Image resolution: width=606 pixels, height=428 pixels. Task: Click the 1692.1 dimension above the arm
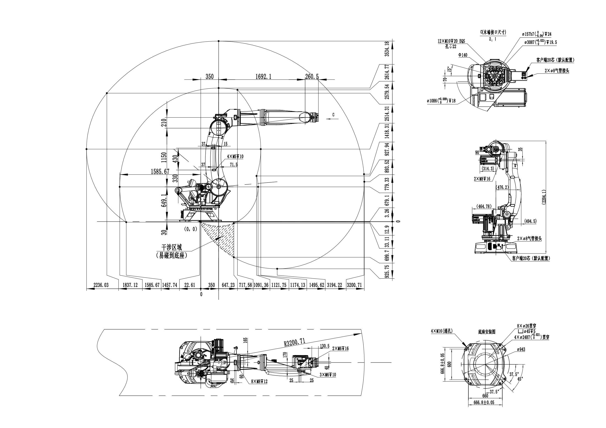coord(263,76)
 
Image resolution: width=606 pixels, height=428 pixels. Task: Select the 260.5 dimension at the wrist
coord(312,76)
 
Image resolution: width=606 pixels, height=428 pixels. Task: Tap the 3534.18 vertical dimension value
coord(387,49)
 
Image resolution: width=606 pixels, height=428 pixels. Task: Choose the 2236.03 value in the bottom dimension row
coord(101,285)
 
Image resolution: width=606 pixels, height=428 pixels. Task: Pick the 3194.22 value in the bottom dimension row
coord(334,285)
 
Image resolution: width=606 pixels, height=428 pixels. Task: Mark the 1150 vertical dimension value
coord(164,157)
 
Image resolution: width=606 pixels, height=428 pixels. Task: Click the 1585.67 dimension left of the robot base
coord(160,171)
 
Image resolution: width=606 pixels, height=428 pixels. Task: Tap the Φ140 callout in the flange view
coord(463,55)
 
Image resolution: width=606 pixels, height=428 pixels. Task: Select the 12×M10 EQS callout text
coord(451,41)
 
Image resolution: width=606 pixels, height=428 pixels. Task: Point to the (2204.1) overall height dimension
coord(544,197)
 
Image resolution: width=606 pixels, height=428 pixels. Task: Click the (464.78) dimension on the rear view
coord(484,206)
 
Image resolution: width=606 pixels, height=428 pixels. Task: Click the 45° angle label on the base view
coord(520,378)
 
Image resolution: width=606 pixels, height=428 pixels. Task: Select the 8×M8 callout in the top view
coord(259,381)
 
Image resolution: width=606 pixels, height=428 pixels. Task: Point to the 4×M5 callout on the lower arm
coord(235,156)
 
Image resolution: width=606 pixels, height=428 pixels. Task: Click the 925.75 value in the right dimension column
coord(387,270)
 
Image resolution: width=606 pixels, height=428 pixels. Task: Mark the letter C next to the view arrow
coord(333,115)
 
